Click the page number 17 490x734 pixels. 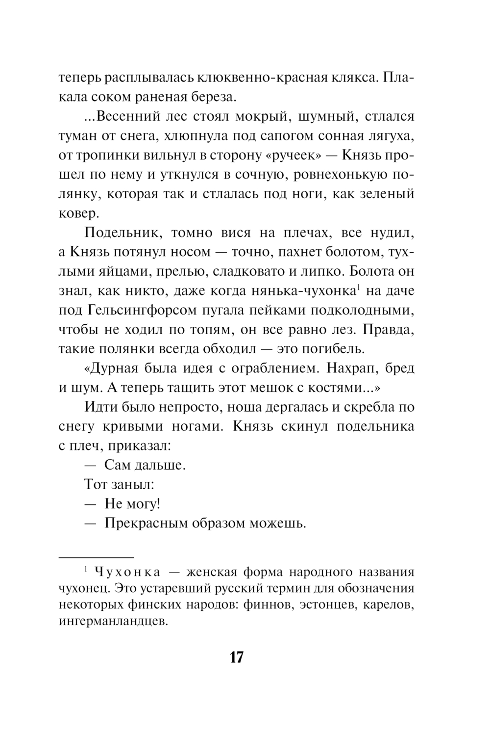(x=236, y=657)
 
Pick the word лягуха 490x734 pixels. (x=391, y=136)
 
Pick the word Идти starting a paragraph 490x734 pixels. (x=99, y=407)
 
